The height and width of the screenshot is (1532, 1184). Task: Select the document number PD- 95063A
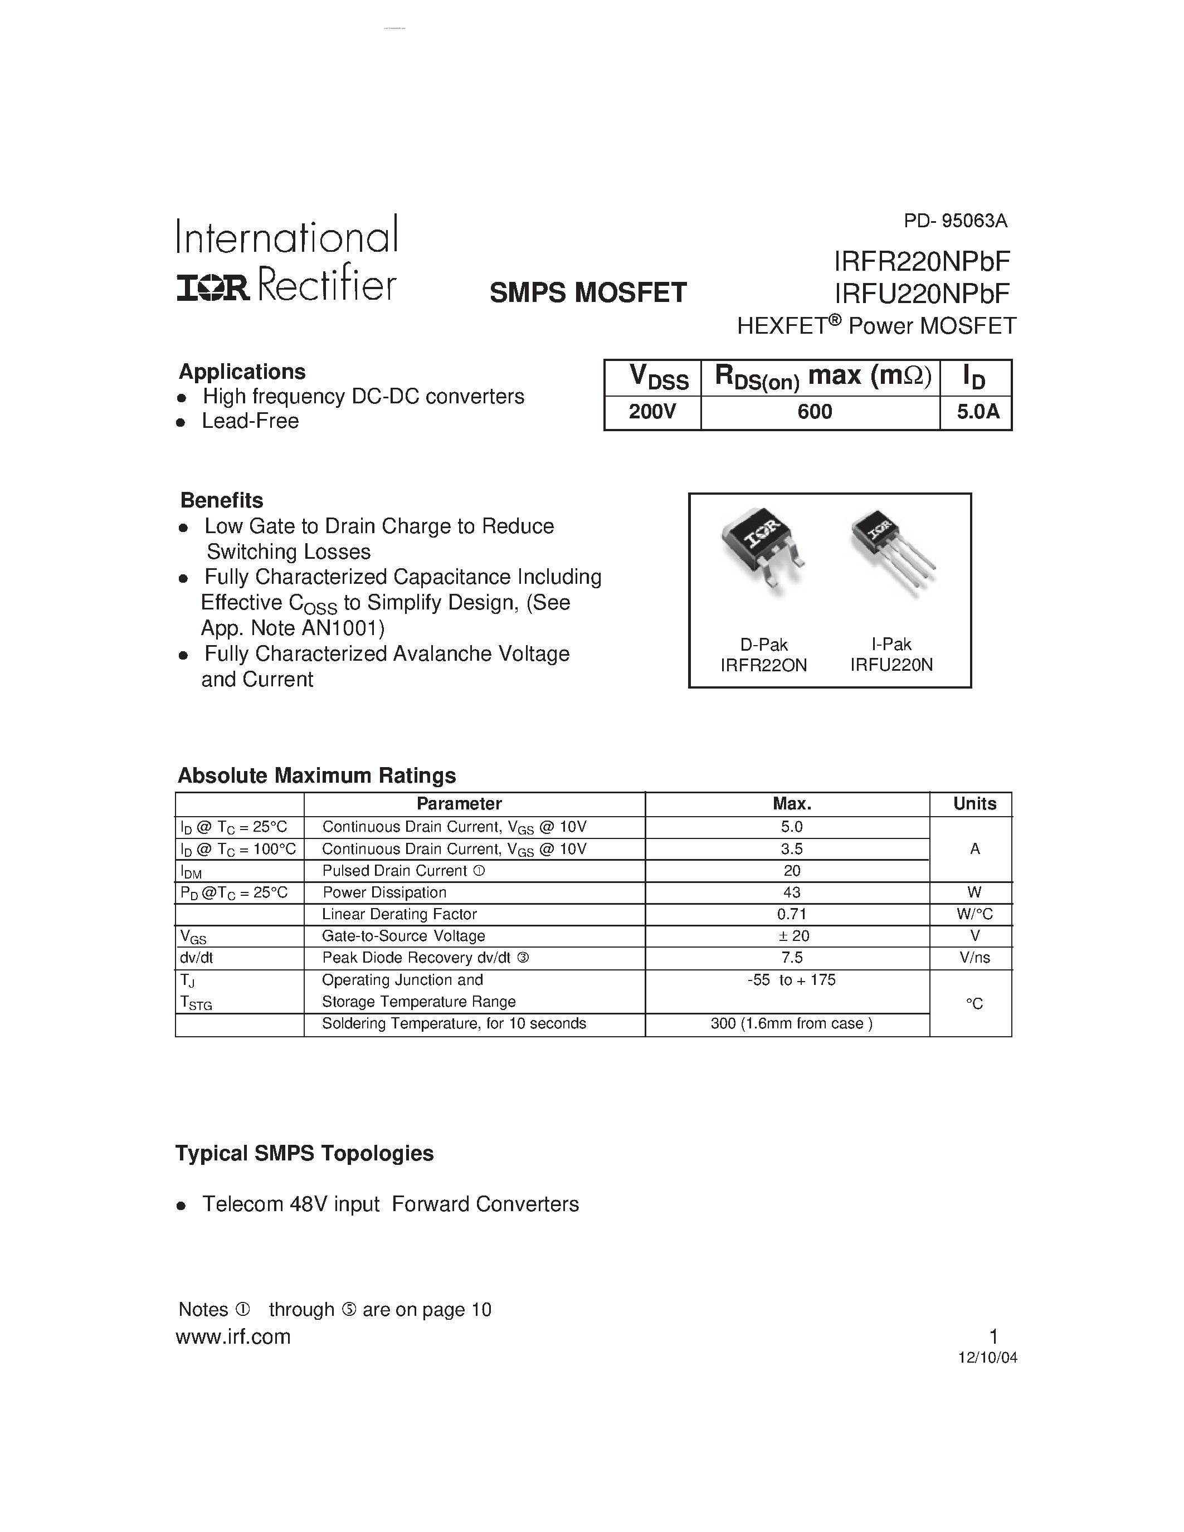(956, 221)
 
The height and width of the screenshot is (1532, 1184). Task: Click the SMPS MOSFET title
(588, 292)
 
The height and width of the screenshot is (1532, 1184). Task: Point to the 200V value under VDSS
(652, 411)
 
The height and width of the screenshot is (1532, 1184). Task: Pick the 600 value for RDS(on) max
(815, 411)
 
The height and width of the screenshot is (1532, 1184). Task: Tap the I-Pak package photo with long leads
(891, 550)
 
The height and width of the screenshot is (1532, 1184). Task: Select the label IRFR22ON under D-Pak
(764, 665)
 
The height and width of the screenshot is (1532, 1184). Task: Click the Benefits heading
(222, 500)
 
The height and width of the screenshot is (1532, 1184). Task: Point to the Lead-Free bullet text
(250, 421)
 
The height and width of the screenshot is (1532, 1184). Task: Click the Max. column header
(792, 804)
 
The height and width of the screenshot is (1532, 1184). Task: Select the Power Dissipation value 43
(792, 892)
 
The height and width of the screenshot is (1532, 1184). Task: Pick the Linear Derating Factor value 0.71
(792, 914)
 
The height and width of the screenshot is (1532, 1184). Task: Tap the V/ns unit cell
(975, 958)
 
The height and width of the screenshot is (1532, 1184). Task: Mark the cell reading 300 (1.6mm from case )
(791, 1023)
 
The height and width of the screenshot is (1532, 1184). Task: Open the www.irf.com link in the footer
(233, 1337)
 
